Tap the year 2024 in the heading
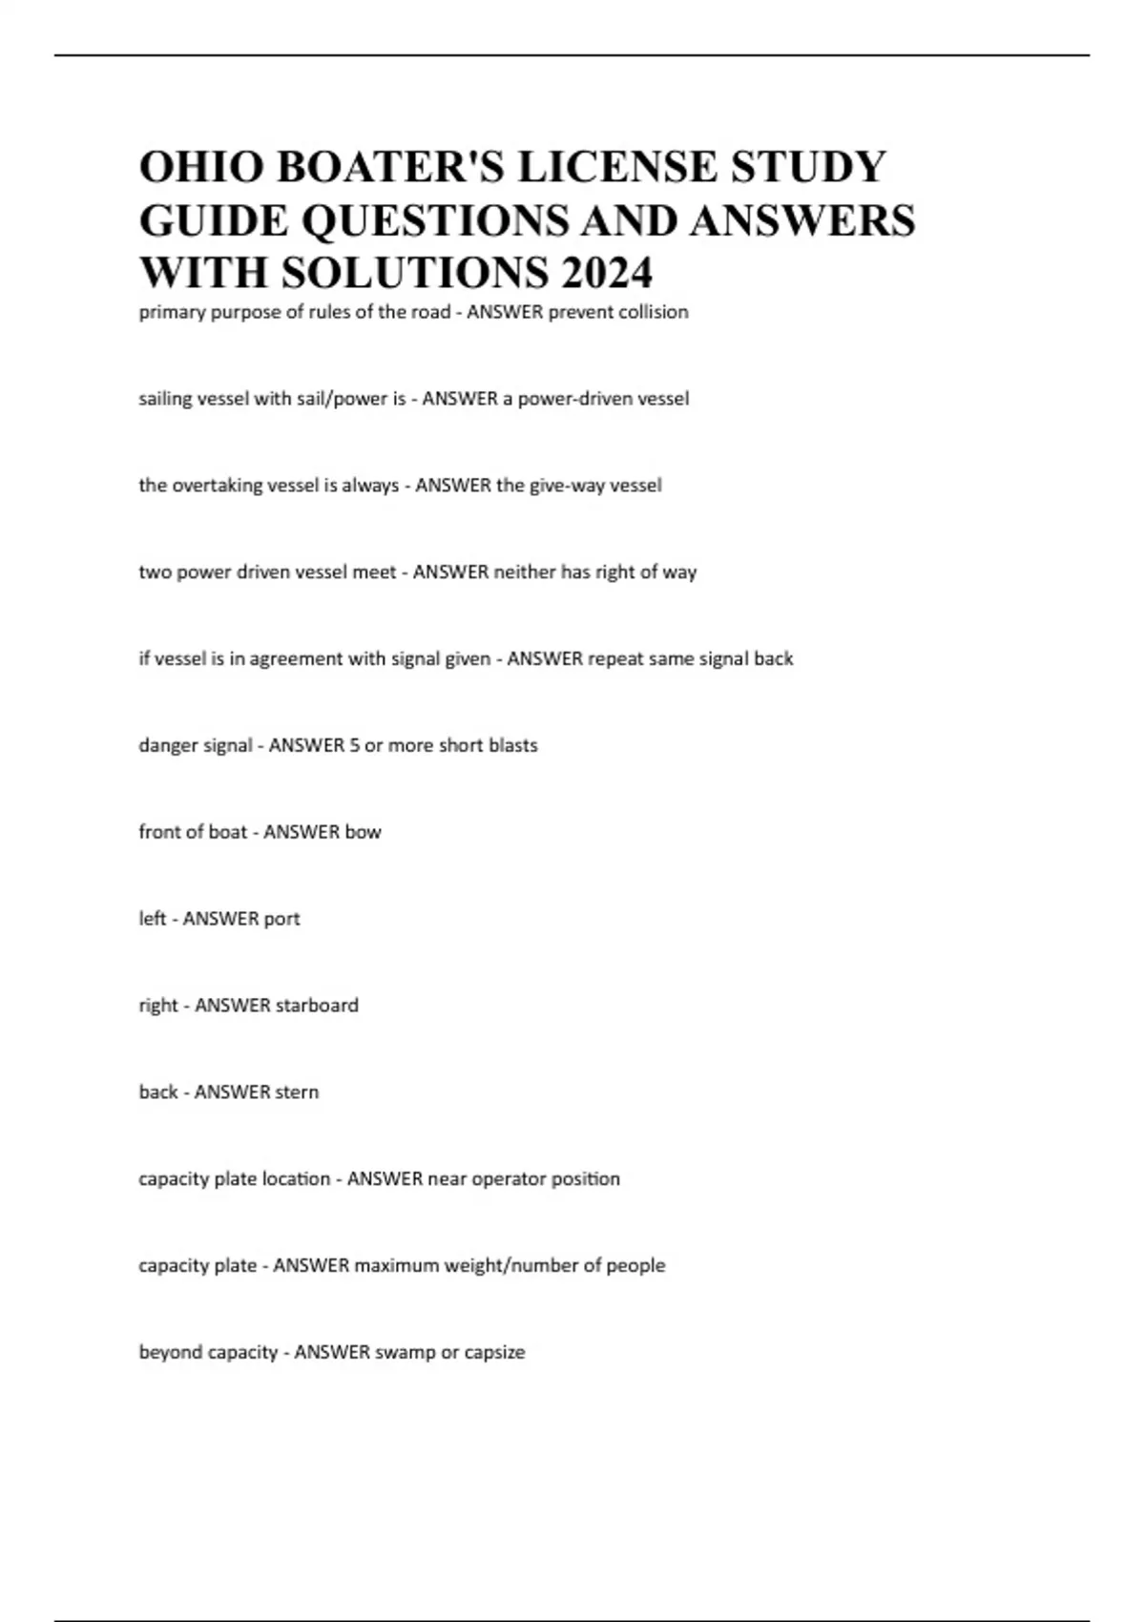coord(607,273)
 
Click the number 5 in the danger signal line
coord(354,745)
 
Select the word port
coord(282,919)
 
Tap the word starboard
coord(317,1006)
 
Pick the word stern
coord(297,1092)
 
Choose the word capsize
coord(494,1353)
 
